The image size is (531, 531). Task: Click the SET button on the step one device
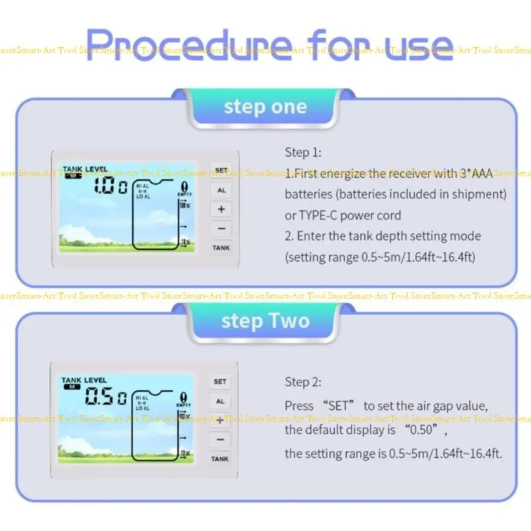point(221,170)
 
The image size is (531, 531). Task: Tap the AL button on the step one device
point(221,189)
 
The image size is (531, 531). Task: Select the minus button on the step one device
point(221,228)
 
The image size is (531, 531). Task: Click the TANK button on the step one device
point(221,248)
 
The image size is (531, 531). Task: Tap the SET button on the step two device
point(220,382)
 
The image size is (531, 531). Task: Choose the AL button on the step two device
point(220,401)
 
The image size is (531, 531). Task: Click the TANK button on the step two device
point(220,459)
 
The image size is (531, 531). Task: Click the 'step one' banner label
point(265,107)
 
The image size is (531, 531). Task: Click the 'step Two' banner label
point(265,321)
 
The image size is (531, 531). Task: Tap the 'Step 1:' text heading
point(303,153)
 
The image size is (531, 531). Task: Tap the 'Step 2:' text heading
point(303,382)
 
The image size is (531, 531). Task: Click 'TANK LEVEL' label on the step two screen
point(84,380)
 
